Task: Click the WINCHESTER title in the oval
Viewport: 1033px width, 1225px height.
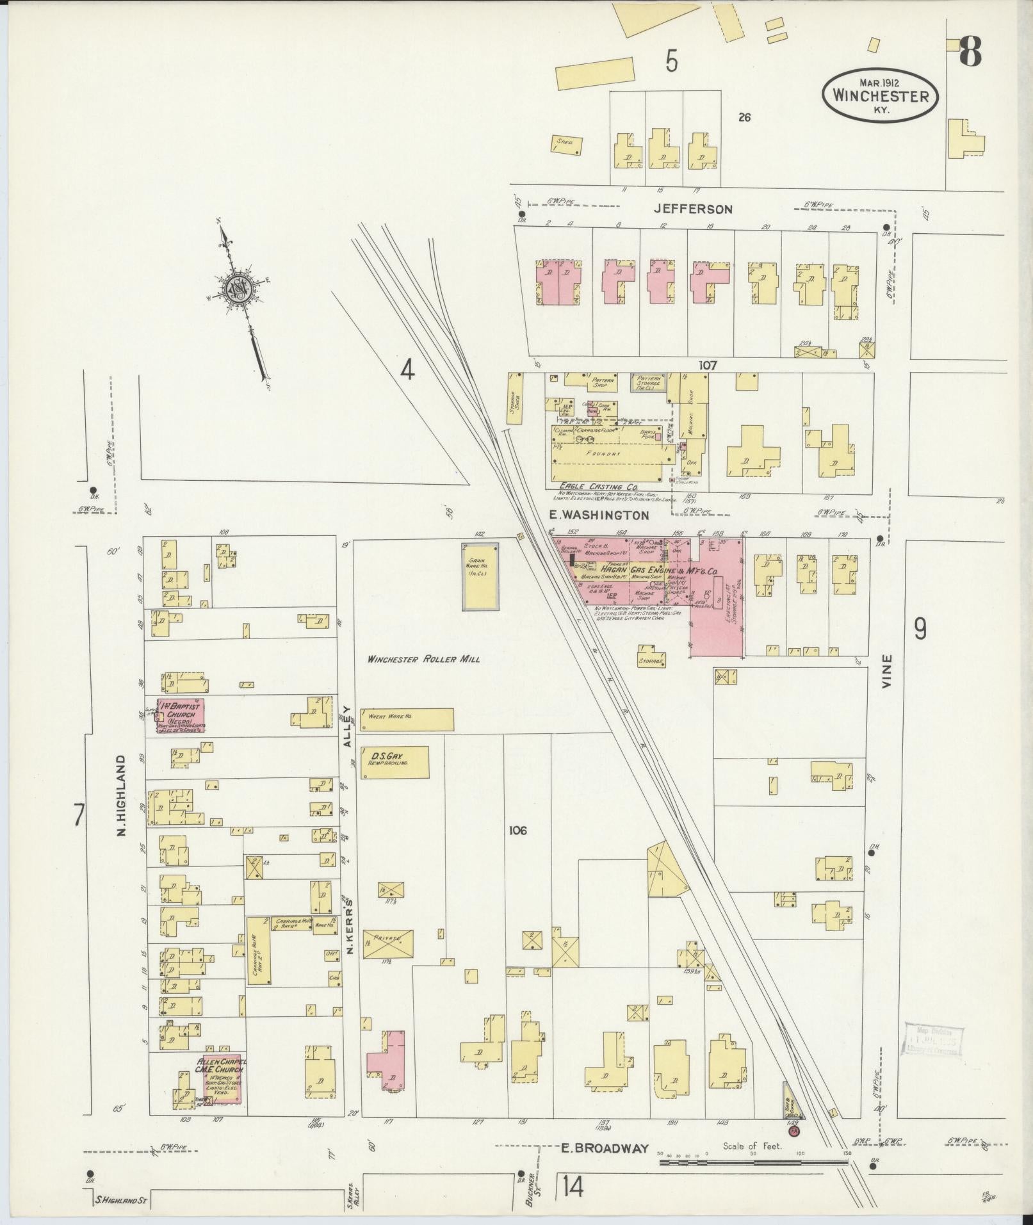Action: click(881, 96)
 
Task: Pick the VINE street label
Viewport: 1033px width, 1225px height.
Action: click(887, 670)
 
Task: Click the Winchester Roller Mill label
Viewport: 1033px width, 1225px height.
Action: click(423, 659)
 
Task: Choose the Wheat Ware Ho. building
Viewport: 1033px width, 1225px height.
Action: click(407, 719)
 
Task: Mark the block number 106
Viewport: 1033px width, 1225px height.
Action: click(517, 831)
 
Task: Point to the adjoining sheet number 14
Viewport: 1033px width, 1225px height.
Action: click(574, 1188)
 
